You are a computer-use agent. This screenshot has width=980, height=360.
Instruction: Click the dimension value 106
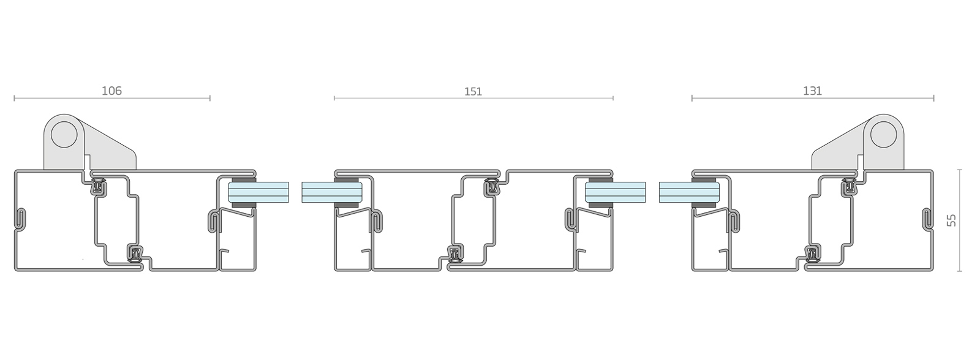tap(111, 91)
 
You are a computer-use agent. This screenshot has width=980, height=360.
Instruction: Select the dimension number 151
tap(473, 92)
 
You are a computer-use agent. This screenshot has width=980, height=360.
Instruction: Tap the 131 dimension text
tap(812, 91)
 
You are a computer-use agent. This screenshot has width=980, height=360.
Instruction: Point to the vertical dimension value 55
tap(951, 220)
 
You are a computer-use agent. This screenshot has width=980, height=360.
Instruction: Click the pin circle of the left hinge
tap(64, 135)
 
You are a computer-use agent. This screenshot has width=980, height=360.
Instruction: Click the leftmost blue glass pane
tap(258, 192)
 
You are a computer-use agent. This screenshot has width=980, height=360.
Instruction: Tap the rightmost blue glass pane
tap(689, 192)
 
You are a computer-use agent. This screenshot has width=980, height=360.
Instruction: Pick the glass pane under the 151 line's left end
tap(331, 192)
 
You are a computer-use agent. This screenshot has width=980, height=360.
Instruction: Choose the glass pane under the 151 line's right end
tap(615, 192)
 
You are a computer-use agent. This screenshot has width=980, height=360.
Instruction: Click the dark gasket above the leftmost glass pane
tap(243, 180)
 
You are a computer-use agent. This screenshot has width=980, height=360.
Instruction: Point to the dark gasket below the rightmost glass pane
tap(704, 204)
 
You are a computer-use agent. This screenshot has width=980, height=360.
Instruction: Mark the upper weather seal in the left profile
tap(99, 186)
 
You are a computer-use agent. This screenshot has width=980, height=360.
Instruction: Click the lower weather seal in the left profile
tap(136, 253)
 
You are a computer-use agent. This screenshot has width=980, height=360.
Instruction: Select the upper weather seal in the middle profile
tap(493, 186)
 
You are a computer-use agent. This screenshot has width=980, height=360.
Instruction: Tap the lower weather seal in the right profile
tap(812, 253)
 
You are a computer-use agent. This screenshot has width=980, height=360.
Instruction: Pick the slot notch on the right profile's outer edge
tap(927, 220)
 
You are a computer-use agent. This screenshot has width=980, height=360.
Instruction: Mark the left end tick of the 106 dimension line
tap(15, 98)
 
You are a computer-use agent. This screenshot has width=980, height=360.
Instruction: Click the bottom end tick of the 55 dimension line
tap(959, 271)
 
